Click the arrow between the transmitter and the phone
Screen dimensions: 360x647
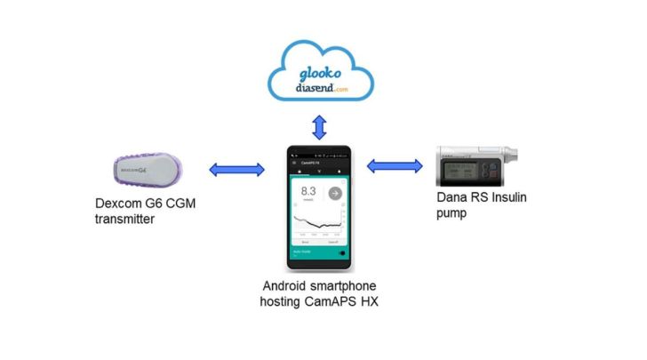tap(236, 169)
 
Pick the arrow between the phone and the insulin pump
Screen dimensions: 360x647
tap(395, 166)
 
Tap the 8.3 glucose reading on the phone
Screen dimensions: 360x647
tap(309, 191)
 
